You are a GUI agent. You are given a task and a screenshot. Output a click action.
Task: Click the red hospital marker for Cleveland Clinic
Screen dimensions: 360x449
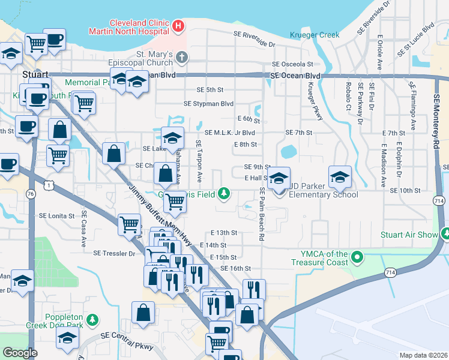pos(178,26)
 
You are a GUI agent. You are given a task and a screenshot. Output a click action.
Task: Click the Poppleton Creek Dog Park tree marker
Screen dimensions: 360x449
pos(92,318)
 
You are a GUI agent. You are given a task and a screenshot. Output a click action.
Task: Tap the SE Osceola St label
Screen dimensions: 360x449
pos(292,64)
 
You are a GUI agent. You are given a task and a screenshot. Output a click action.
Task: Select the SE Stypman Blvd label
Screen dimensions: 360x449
pos(208,103)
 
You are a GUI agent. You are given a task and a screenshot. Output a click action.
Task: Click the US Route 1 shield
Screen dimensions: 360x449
pos(47,187)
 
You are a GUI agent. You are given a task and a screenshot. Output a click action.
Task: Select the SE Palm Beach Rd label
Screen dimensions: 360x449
pos(262,214)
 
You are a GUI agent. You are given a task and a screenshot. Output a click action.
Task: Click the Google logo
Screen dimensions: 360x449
pos(20,352)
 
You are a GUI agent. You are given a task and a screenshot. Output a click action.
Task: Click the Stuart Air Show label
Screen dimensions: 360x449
pos(409,235)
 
